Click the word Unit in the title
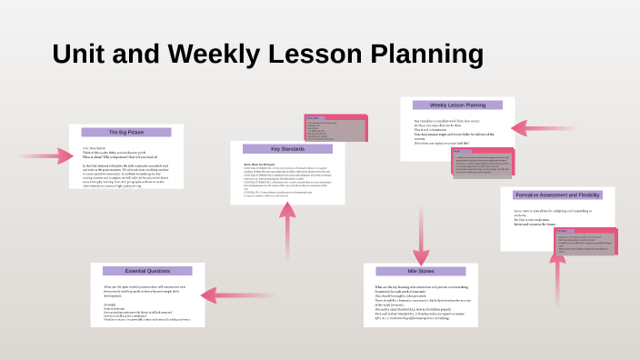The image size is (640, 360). click(x=82, y=54)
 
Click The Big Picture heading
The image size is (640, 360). click(x=126, y=132)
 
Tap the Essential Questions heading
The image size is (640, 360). click(x=146, y=271)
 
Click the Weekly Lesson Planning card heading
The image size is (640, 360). click(x=457, y=105)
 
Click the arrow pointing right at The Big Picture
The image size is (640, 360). click(x=47, y=155)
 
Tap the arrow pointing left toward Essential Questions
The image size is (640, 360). click(x=225, y=294)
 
